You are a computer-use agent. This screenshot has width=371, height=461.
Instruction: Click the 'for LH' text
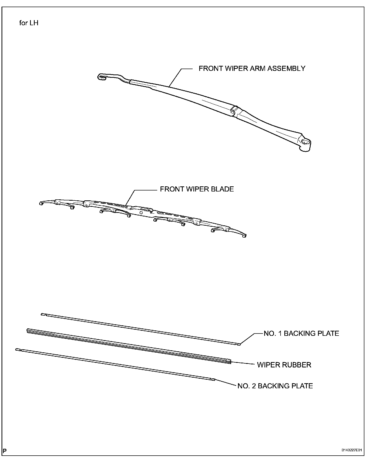pos(29,23)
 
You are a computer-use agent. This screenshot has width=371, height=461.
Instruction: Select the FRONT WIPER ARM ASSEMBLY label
pos(252,69)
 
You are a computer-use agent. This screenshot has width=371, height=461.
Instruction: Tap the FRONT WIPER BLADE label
pos(197,189)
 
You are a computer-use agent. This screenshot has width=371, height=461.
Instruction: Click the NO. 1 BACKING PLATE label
pos(301,334)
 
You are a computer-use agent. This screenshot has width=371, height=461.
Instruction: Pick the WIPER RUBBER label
pos(284,365)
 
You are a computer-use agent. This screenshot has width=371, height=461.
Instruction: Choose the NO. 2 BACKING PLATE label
pos(275,386)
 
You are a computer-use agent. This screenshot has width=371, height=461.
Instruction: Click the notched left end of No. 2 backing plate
pos(17,350)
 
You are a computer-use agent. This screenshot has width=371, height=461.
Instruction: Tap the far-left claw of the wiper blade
pos(41,203)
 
